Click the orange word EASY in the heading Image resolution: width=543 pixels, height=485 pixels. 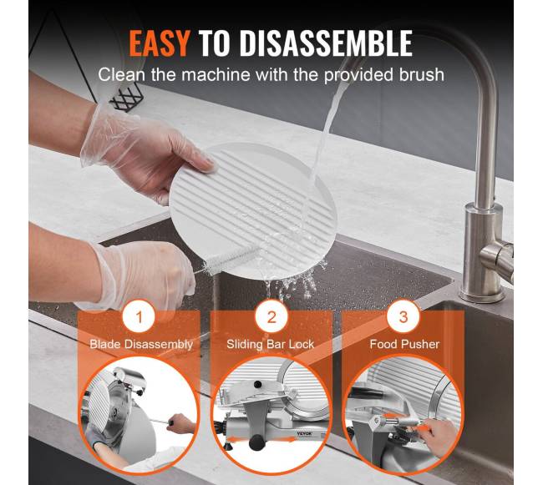[160, 43]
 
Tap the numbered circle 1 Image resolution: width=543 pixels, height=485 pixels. [139, 316]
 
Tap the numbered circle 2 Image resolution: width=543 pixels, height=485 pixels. [271, 316]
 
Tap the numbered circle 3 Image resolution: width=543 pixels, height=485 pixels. [403, 316]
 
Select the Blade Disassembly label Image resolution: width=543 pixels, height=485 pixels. [141, 344]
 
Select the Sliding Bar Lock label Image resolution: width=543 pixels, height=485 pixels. [270, 344]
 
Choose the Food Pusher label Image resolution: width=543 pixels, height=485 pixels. [404, 344]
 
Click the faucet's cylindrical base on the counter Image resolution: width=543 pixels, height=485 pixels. [482, 253]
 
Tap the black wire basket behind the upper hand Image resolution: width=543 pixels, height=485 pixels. [125, 99]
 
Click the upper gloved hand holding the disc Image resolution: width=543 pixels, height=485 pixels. [145, 152]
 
